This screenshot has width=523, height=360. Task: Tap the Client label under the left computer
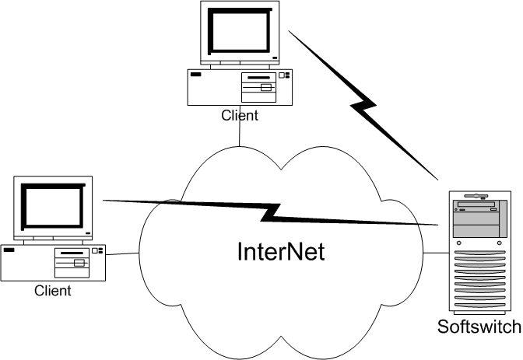52,291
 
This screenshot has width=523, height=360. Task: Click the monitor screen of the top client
240,34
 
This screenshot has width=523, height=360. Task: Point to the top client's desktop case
239,87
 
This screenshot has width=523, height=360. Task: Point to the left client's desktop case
52,262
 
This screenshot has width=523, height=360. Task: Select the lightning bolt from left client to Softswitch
272,211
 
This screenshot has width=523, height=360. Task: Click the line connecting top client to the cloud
240,132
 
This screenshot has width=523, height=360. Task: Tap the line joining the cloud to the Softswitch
437,253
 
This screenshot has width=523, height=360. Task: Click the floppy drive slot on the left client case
72,253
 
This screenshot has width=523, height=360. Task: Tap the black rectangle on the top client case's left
196,76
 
